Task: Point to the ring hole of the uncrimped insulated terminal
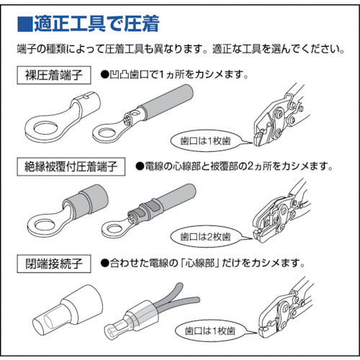pyautogui.click(x=41, y=220)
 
